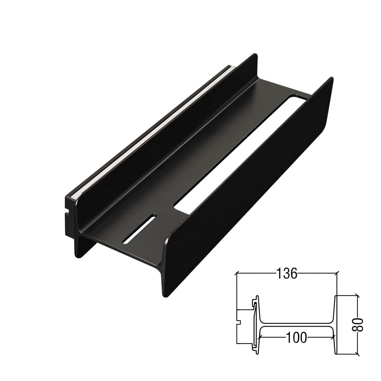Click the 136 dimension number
pyautogui.click(x=286, y=273)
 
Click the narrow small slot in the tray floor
pyautogui.click(x=140, y=229)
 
